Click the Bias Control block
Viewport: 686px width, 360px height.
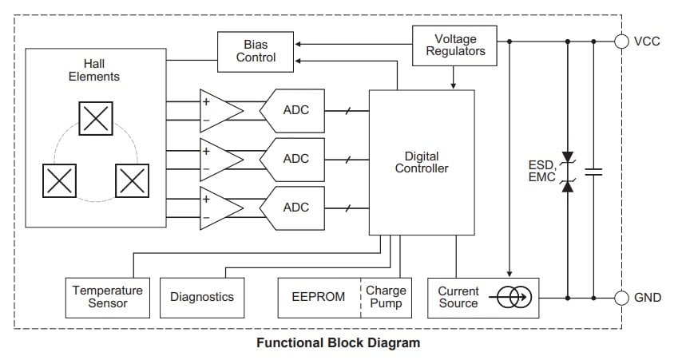pos(256,50)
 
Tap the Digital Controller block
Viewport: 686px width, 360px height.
pos(422,162)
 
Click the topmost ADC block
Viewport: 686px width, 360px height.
pos(295,111)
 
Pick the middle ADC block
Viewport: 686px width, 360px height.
pos(295,159)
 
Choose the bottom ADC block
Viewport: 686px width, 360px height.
pos(295,207)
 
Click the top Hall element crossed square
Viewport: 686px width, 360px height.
pos(96,119)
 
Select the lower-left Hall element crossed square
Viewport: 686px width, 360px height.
pos(59,180)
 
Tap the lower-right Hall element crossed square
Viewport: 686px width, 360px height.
pos(132,180)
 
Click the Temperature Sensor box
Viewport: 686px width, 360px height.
pos(108,297)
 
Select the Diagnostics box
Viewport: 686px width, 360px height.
pos(202,297)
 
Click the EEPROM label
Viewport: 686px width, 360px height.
pos(319,297)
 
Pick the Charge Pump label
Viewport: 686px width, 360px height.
pos(387,297)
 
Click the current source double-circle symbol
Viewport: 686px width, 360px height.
pos(514,298)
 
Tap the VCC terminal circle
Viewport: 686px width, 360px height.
pos(621,42)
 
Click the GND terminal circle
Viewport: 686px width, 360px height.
pos(621,298)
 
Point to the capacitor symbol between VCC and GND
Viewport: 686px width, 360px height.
pos(593,171)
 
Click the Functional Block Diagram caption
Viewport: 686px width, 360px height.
pos(338,343)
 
